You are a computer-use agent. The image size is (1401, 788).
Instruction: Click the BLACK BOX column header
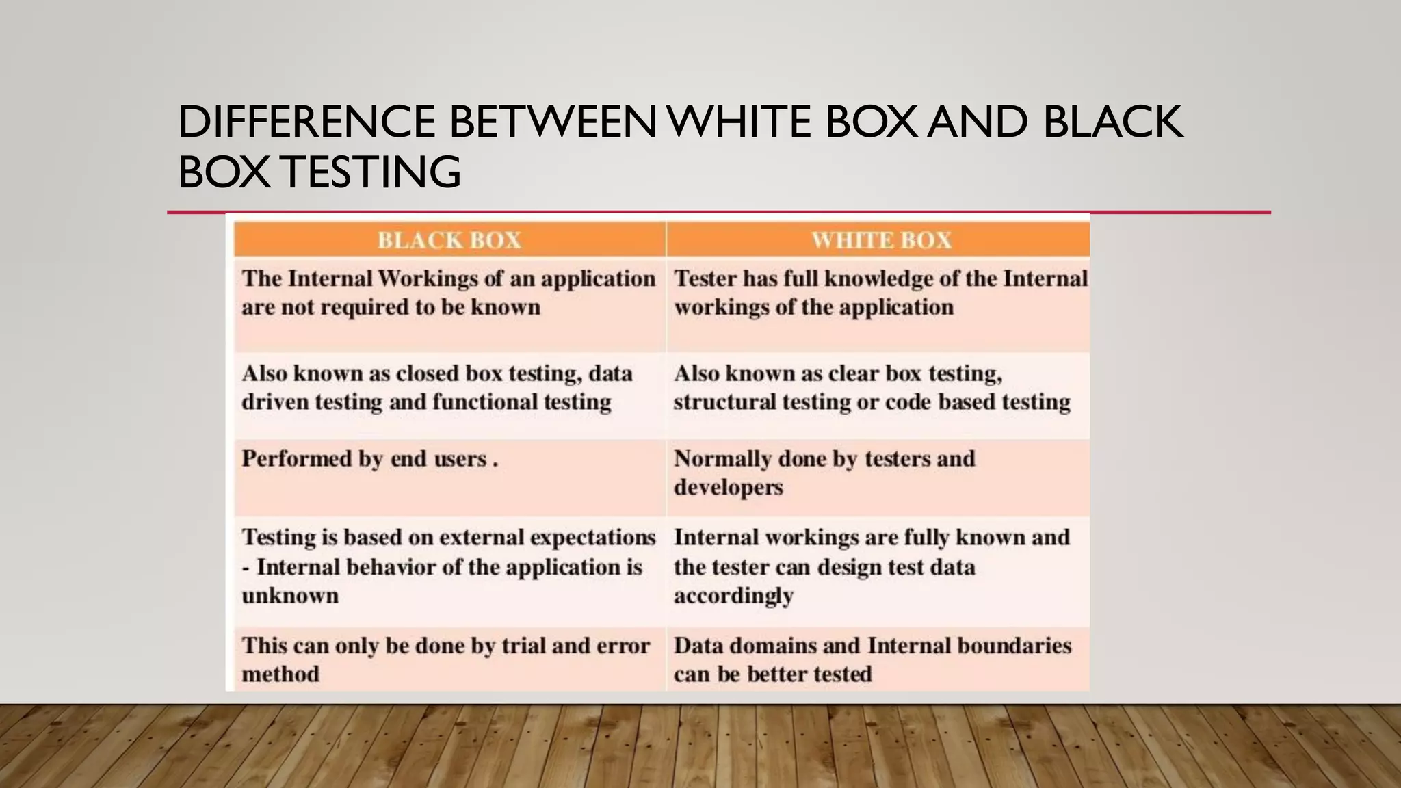[x=449, y=240]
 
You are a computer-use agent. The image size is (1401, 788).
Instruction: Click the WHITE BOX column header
[x=881, y=240]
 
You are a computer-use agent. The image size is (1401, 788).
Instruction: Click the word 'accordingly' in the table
[x=733, y=596]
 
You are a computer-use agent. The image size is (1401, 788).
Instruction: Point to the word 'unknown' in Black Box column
[x=290, y=596]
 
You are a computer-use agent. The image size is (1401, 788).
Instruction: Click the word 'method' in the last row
[x=280, y=674]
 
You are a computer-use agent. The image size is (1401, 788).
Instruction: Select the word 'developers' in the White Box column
[x=728, y=488]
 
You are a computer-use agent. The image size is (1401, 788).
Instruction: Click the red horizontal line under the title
[x=718, y=212]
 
